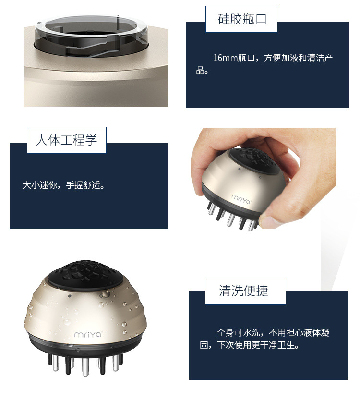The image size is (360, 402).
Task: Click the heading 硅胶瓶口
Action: click(241, 20)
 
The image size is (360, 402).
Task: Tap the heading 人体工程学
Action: click(66, 140)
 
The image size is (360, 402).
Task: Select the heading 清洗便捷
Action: click(243, 291)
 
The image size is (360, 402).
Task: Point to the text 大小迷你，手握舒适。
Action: click(63, 185)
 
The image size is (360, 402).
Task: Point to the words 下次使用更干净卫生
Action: click(259, 345)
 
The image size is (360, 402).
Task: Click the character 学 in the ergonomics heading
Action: click(91, 140)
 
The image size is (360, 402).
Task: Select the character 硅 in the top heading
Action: click(223, 20)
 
